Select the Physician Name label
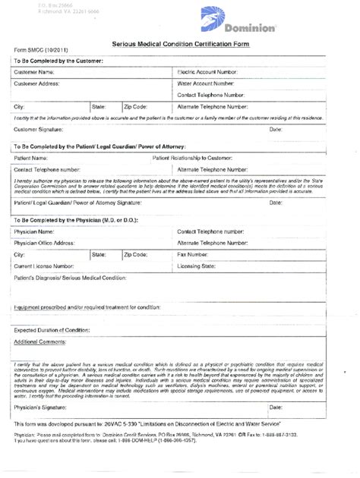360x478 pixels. pyautogui.click(x=34, y=231)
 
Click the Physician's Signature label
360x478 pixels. pyautogui.click(x=39, y=407)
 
